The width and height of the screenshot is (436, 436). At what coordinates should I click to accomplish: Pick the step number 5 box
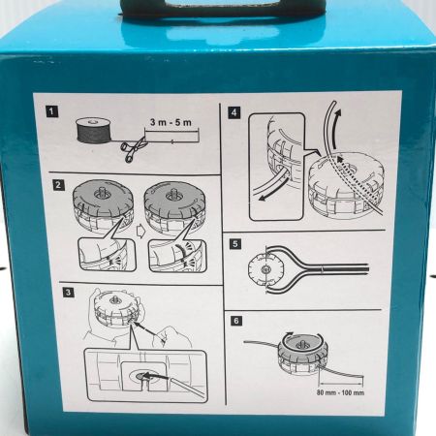(x=235, y=243)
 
